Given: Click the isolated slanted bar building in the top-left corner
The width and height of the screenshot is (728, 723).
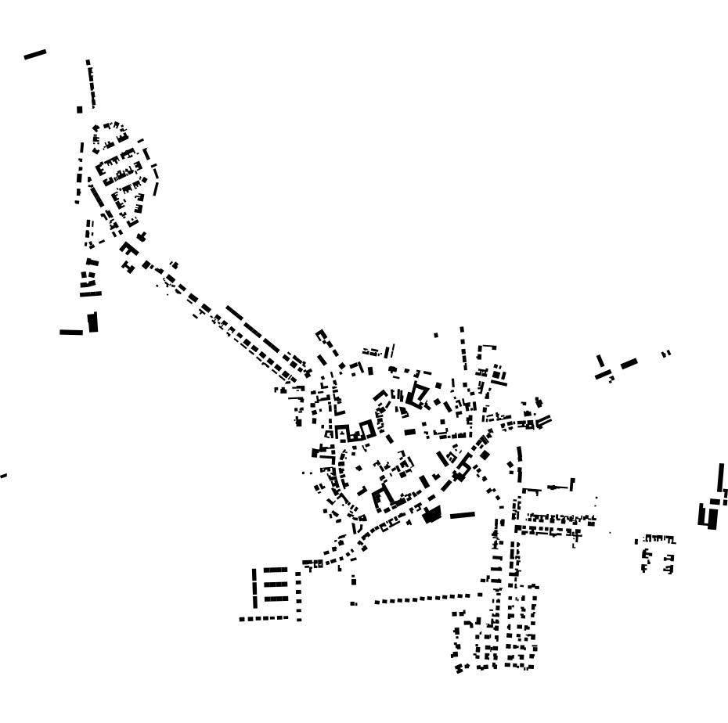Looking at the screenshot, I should tap(35, 54).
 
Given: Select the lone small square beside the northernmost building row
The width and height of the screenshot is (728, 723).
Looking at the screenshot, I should tap(79, 110).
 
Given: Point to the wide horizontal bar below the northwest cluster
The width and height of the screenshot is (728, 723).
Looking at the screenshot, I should tap(70, 332).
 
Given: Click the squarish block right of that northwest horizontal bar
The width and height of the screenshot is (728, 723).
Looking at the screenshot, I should tap(93, 322).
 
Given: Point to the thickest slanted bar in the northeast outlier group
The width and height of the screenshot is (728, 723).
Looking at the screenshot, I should tap(629, 363).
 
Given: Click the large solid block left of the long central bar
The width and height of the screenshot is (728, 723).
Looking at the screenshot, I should tap(433, 514).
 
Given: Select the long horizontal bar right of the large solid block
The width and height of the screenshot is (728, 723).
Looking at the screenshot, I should tap(462, 515).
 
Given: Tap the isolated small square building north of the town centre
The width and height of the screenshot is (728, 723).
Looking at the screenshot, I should tap(436, 336).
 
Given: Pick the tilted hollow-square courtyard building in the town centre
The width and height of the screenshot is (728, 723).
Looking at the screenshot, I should tap(418, 395).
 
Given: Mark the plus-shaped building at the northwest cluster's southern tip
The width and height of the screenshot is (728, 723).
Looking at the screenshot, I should tap(141, 236).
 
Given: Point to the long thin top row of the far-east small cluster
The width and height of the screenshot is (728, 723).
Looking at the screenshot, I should tap(658, 538).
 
